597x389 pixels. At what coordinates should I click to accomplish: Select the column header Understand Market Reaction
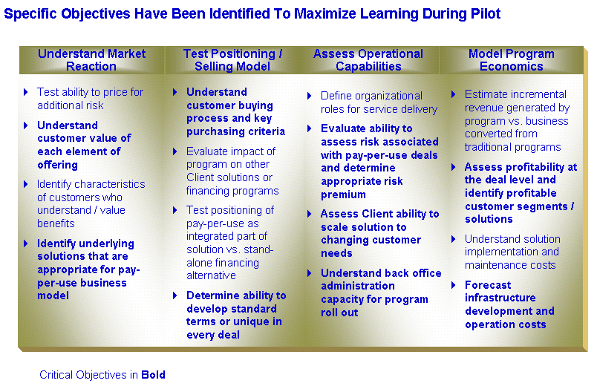pyautogui.click(x=91, y=59)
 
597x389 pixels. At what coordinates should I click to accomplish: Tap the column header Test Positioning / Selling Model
pyautogui.click(x=232, y=59)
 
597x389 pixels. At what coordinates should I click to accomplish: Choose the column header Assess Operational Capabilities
pyautogui.click(x=368, y=59)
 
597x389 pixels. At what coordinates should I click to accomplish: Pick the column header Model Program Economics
pyautogui.click(x=512, y=59)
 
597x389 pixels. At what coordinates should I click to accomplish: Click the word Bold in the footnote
pyautogui.click(x=153, y=375)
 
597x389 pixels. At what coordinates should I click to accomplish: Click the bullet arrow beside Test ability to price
pyautogui.click(x=26, y=92)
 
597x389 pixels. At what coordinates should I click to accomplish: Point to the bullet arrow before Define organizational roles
pyautogui.click(x=310, y=96)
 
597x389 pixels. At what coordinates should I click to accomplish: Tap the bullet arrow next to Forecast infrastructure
pyautogui.click(x=454, y=285)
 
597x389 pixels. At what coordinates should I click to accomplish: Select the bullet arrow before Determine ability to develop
pyautogui.click(x=175, y=295)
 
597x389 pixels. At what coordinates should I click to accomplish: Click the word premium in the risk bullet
pyautogui.click(x=343, y=195)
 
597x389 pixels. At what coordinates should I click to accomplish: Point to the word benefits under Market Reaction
pyautogui.click(x=56, y=223)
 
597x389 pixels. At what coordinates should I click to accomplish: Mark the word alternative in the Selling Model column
pyautogui.click(x=212, y=275)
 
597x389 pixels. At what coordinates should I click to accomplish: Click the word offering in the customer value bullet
pyautogui.click(x=57, y=166)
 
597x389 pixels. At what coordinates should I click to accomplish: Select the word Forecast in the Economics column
pyautogui.click(x=488, y=285)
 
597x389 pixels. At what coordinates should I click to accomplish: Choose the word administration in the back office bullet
pyautogui.click(x=357, y=287)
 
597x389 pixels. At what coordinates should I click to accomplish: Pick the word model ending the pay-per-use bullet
pyautogui.click(x=53, y=295)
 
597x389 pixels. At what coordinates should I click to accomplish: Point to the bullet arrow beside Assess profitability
pyautogui.click(x=454, y=167)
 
